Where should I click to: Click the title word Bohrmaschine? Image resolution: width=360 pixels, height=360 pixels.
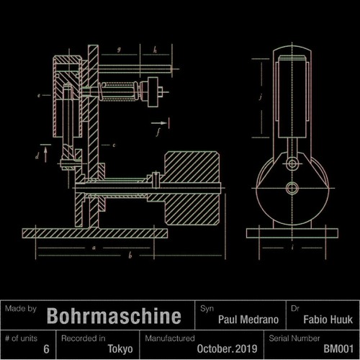point(114,317)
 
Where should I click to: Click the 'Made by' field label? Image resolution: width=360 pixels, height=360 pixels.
point(19,307)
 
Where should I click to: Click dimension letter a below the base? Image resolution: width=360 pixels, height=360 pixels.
point(94,247)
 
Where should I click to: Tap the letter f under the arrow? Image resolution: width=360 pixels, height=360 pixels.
point(157,132)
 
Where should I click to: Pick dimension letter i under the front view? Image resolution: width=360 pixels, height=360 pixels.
point(292,247)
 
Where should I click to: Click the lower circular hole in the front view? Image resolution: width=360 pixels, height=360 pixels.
point(292,189)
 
